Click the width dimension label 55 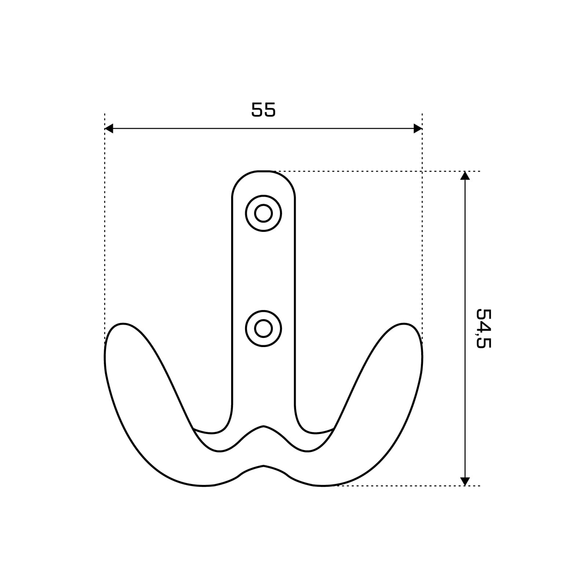263,110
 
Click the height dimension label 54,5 483,328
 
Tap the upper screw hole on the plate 263,213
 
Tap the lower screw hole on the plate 263,328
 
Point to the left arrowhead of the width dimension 109,128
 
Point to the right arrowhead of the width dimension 418,128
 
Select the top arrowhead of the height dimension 465,175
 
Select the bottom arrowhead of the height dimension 465,481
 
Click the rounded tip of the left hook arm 123,324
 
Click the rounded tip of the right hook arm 404,324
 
